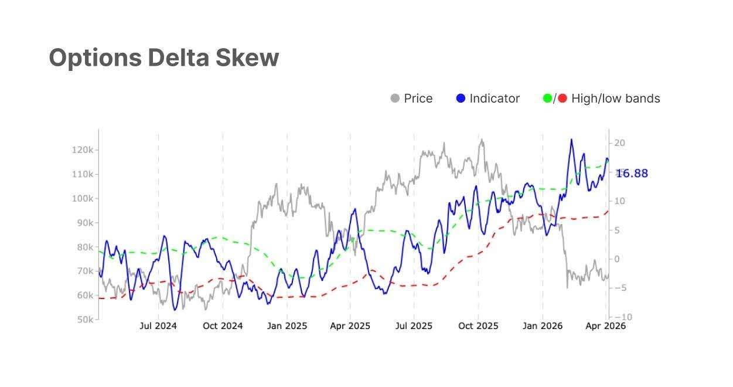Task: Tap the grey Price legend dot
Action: click(x=395, y=99)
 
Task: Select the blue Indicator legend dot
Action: click(x=461, y=99)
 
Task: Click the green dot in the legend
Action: click(x=548, y=99)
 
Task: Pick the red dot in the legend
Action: click(x=562, y=99)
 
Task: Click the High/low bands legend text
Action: click(x=616, y=99)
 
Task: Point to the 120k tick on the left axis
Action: click(x=83, y=150)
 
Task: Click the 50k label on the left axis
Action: click(x=84, y=320)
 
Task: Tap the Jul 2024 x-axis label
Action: click(x=158, y=326)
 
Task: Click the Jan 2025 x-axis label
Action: click(x=287, y=326)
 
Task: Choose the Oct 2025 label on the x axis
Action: click(x=478, y=326)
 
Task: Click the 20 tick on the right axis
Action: click(x=620, y=143)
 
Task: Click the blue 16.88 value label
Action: click(x=632, y=174)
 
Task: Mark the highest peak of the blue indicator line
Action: click(x=571, y=140)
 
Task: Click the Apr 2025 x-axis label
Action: click(x=350, y=326)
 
